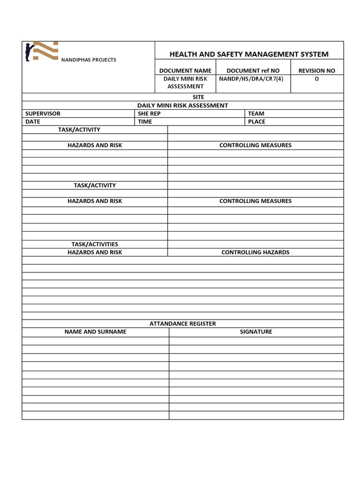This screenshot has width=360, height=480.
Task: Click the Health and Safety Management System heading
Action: (249, 54)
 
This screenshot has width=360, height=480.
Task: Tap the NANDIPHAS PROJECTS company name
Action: (89, 60)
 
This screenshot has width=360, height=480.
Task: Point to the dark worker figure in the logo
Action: (29, 52)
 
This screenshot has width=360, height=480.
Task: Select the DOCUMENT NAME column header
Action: (185, 71)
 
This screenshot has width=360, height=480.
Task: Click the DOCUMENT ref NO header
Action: (253, 71)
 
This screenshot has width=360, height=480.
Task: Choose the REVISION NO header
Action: (317, 71)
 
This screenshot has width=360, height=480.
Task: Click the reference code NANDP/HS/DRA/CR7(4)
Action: (251, 79)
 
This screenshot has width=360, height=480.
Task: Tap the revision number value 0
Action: (316, 79)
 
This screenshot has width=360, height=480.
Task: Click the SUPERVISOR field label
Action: (43, 113)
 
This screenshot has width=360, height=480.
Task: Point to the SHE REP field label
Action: (149, 113)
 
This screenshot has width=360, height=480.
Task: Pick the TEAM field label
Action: (256, 113)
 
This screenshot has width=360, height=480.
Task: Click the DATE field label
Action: (33, 121)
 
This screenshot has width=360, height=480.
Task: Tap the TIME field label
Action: (145, 121)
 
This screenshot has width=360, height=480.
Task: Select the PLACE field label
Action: (256, 121)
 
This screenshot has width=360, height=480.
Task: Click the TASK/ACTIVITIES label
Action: (95, 244)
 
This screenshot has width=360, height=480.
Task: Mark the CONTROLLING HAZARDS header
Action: (255, 252)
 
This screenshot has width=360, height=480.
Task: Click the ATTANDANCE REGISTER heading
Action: (183, 323)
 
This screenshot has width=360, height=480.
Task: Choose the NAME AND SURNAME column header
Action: (95, 331)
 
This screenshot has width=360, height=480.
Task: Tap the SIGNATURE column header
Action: (256, 331)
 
